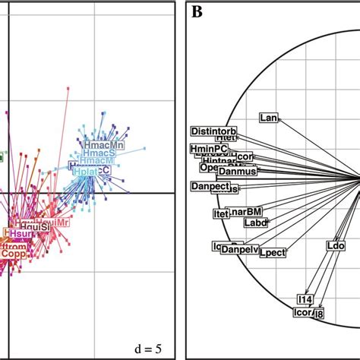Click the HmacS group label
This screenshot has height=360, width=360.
click(101, 153)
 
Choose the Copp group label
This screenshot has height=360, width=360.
click(13, 255)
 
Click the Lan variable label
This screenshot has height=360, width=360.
click(269, 118)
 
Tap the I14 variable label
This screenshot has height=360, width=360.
click(305, 299)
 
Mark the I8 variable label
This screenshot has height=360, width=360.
click(319, 314)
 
